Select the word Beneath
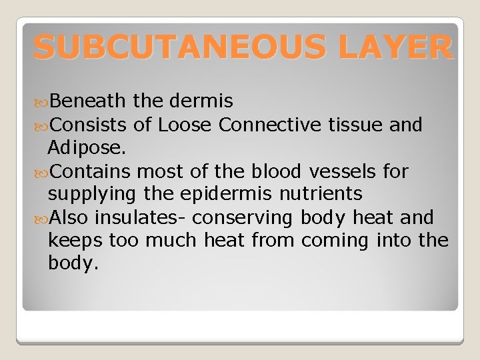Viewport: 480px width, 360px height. (87, 101)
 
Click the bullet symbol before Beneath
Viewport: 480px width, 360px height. (41, 101)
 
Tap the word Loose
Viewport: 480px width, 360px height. (185, 124)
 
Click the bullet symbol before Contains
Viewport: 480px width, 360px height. (41, 171)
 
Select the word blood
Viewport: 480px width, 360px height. (277, 171)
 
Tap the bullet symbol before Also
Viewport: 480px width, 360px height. (41, 218)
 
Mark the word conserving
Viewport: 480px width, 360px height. (241, 218)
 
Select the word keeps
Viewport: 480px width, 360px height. (75, 241)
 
